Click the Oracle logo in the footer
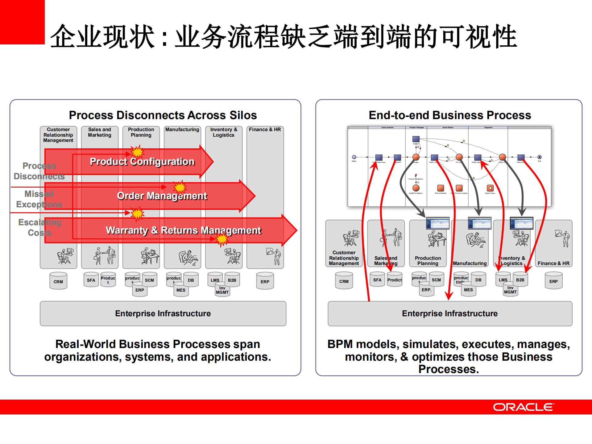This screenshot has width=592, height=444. click(x=523, y=407)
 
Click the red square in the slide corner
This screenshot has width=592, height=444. click(x=22, y=22)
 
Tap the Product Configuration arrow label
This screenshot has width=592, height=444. click(x=142, y=161)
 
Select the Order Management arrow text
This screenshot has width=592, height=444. click(x=162, y=196)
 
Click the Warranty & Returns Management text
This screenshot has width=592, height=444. click(x=183, y=230)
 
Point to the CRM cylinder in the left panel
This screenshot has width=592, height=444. click(x=58, y=281)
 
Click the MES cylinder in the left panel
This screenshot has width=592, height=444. click(x=181, y=290)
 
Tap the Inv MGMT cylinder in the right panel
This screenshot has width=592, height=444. click(x=510, y=290)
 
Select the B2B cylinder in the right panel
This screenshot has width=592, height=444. click(x=520, y=280)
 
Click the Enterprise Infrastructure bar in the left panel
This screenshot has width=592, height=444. click(x=163, y=313)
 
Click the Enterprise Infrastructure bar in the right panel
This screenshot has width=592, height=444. click(x=450, y=313)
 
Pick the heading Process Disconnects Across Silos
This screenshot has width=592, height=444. click(x=163, y=115)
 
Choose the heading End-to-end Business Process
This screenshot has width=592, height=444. click(x=450, y=115)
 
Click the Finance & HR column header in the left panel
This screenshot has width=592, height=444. click(x=265, y=130)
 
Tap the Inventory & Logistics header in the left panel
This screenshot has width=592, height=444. click(x=224, y=132)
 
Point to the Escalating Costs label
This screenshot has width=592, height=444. click(x=39, y=227)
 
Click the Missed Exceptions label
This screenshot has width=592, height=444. click(x=39, y=199)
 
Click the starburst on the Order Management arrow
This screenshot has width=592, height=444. click(x=180, y=187)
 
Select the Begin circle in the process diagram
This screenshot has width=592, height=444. click(x=354, y=157)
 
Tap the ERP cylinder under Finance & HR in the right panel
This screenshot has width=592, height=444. click(x=553, y=281)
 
